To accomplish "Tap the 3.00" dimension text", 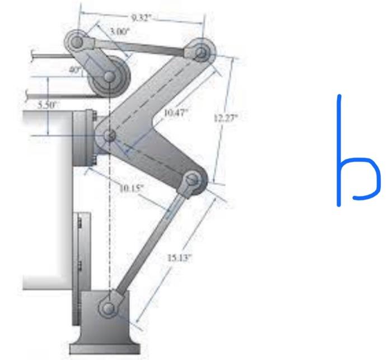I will pyautogui.click(x=119, y=32).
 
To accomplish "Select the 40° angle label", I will pyautogui.click(x=75, y=70).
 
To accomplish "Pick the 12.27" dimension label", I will pyautogui.click(x=226, y=118).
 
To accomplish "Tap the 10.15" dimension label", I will pyautogui.click(x=132, y=188).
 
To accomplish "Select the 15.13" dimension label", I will pyautogui.click(x=179, y=258).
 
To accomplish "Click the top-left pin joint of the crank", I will pyautogui.click(x=77, y=42).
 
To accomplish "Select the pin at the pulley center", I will pyautogui.click(x=109, y=76).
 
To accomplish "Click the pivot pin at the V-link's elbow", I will pyautogui.click(x=110, y=135).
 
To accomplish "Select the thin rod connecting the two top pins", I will pyautogui.click(x=140, y=47).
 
